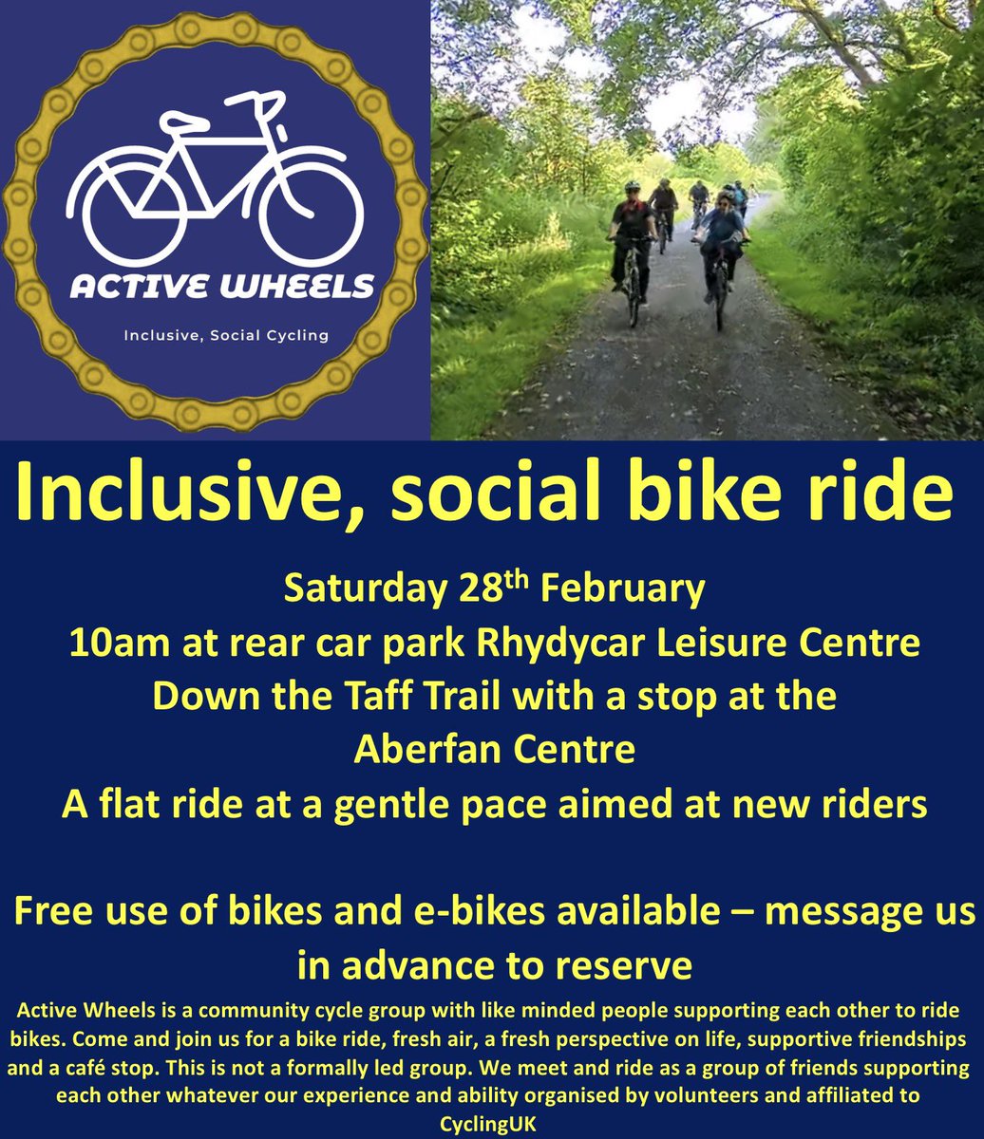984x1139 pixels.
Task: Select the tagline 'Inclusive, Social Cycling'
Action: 226,335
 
